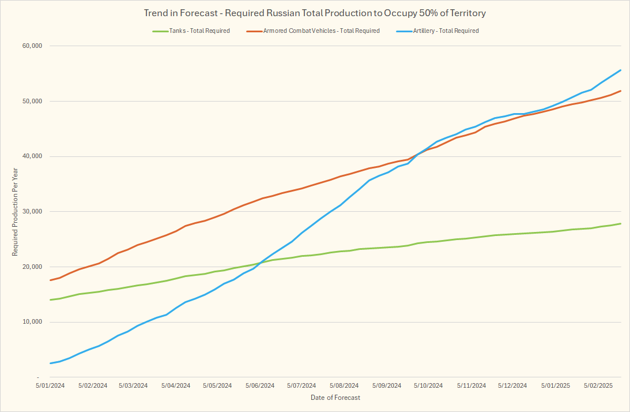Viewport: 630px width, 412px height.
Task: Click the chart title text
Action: pos(315,13)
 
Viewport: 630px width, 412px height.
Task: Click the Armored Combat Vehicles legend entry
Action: pos(321,31)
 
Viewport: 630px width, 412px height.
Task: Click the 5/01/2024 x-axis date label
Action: pos(51,385)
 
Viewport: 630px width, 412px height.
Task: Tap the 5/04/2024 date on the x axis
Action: pos(176,385)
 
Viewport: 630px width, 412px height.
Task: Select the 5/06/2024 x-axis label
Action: pos(260,385)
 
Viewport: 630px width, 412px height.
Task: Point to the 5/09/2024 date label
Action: pos(386,385)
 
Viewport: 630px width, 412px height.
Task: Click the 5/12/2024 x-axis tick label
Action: pos(512,385)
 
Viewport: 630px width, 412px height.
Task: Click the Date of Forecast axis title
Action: pos(335,398)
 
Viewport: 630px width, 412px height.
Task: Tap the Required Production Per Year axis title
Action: pos(16,212)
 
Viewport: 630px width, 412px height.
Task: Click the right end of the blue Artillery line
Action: pos(620,70)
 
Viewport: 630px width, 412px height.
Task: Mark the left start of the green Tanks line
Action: pos(51,299)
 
